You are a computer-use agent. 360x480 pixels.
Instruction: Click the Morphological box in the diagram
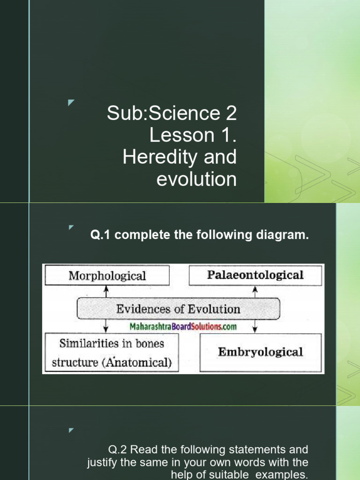[107, 276]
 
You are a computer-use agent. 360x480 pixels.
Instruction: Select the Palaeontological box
[255, 275]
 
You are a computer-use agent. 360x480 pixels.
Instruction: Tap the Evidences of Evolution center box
[178, 309]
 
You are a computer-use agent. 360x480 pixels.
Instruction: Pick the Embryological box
[261, 352]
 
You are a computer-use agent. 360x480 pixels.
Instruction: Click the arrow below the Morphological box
[107, 292]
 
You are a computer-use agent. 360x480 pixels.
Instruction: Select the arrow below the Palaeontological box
[255, 292]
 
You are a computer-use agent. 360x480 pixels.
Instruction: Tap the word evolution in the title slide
[196, 179]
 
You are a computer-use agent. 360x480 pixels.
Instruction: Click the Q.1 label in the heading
[101, 235]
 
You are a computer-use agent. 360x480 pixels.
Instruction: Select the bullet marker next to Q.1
[71, 228]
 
